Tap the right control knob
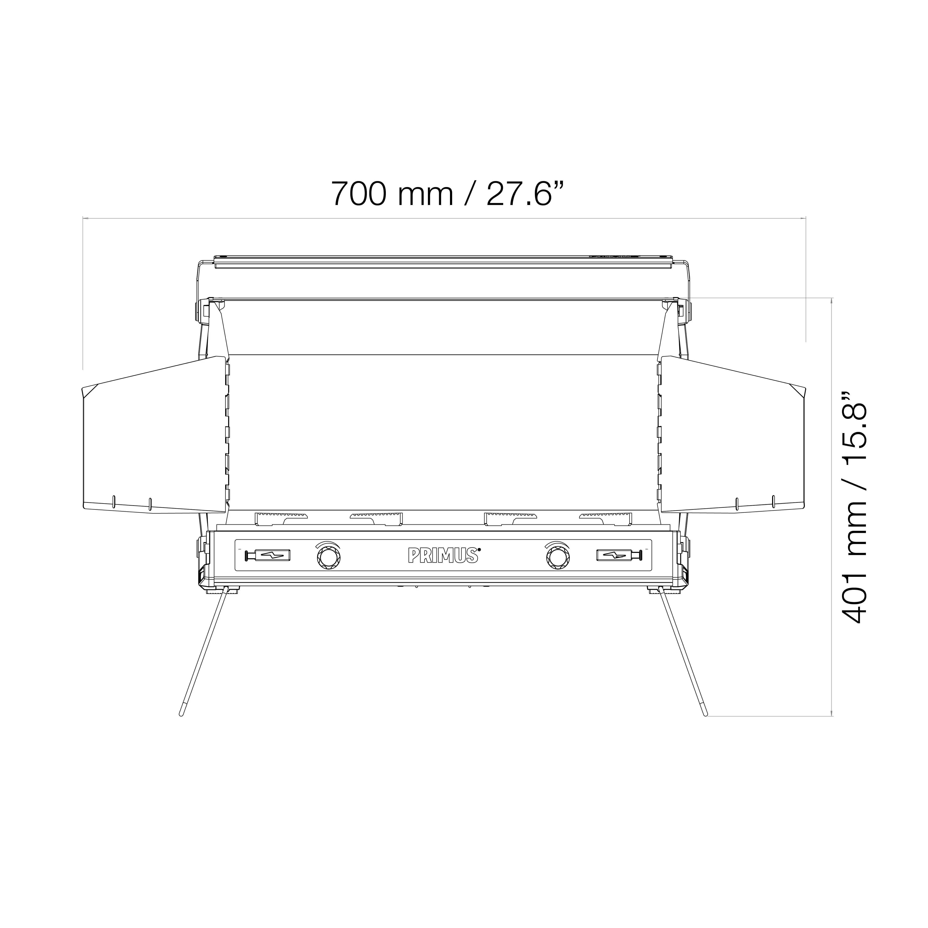(558, 557)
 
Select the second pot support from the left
(376, 518)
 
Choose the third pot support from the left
(510, 518)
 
